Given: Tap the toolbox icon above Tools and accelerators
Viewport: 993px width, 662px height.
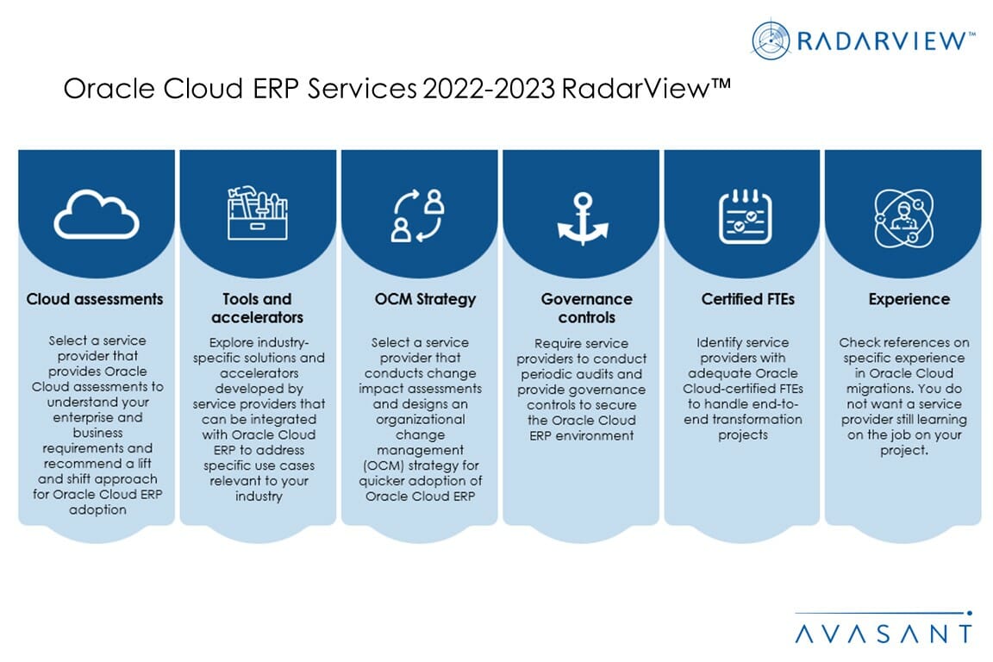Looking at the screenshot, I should coord(258,213).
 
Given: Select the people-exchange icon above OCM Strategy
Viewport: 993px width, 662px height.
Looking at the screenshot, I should coord(419,215).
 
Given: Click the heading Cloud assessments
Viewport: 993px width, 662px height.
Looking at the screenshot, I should coord(95,299).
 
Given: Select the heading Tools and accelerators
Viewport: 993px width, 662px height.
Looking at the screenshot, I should coord(258,308).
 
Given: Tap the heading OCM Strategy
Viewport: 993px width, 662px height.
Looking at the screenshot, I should coord(419,299).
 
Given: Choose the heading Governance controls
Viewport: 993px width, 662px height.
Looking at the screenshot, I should coord(580,308).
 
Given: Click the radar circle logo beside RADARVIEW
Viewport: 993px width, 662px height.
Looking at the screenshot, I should coord(770,41).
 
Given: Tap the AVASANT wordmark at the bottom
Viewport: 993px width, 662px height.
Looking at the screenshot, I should coord(883,634).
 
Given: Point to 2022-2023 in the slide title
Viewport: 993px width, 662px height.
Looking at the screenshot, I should coord(487,90).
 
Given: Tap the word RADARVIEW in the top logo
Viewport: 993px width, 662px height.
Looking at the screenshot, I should coord(883,41).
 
